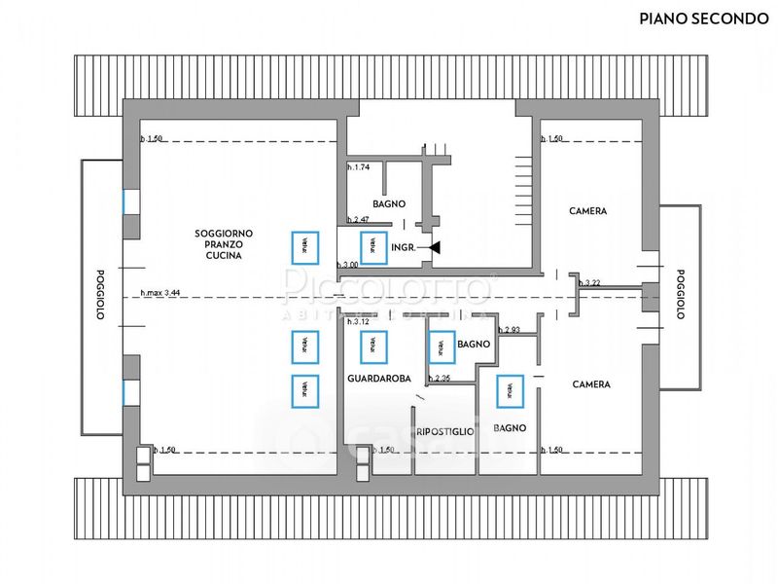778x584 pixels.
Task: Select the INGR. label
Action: (404, 248)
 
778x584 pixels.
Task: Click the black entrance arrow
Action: (434, 248)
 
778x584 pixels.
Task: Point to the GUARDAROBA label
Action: (379, 378)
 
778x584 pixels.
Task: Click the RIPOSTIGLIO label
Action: (444, 431)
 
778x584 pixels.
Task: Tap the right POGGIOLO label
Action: (681, 294)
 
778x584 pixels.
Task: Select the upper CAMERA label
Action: (588, 211)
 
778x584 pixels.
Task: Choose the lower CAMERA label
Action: (591, 384)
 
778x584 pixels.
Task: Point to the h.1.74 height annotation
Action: (359, 167)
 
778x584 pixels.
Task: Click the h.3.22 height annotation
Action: (590, 283)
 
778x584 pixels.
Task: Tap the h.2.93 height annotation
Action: (511, 331)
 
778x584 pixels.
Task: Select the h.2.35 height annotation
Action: (442, 378)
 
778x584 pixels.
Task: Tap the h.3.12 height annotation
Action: (358, 321)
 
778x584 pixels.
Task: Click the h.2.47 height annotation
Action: (359, 220)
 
